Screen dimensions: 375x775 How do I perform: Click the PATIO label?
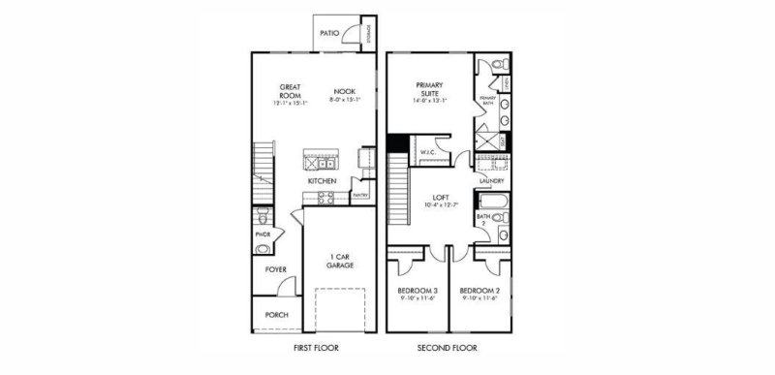pyautogui.click(x=329, y=33)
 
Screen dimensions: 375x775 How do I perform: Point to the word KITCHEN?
pyautogui.click(x=322, y=181)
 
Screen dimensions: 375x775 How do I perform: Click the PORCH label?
pyautogui.click(x=275, y=315)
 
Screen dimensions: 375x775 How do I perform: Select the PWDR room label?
pyautogui.click(x=262, y=234)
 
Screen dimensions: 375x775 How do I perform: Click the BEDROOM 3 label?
pyautogui.click(x=417, y=291)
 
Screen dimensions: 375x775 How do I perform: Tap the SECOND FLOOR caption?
pyautogui.click(x=447, y=347)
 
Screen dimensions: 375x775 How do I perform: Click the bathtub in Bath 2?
pyautogui.click(x=490, y=202)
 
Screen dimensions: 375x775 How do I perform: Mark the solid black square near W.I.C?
pyautogui.click(x=395, y=143)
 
